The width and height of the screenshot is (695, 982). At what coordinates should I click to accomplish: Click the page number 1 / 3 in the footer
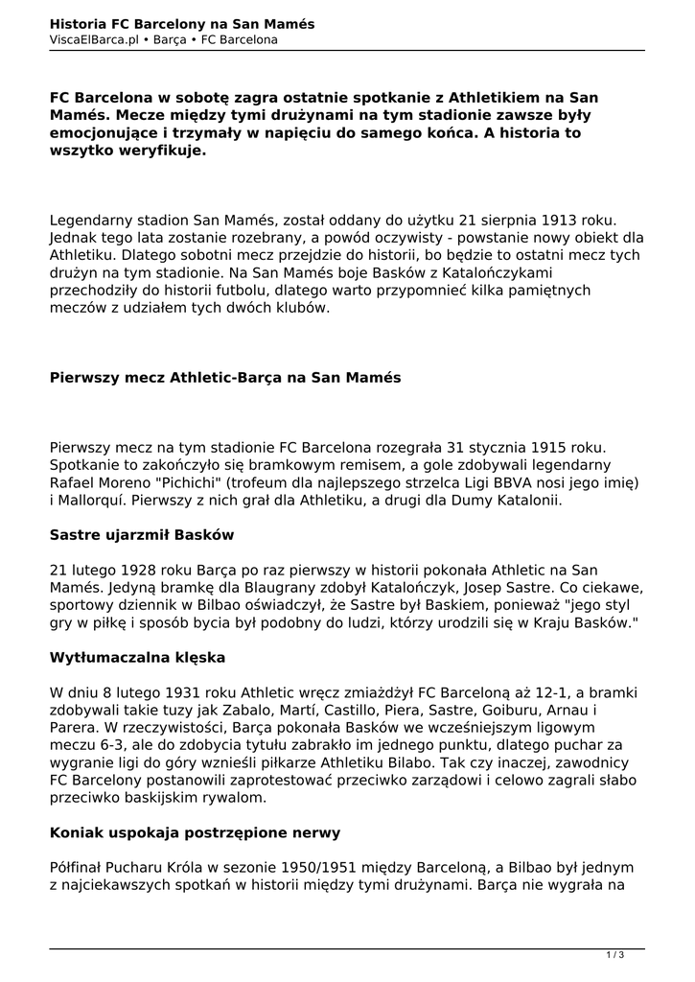click(x=615, y=954)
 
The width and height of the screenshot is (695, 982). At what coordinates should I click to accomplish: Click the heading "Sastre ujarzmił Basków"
click(x=142, y=534)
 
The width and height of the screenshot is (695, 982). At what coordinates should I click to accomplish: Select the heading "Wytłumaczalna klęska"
click(x=136, y=657)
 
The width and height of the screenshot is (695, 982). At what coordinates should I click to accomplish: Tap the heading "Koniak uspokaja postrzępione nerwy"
click(x=195, y=831)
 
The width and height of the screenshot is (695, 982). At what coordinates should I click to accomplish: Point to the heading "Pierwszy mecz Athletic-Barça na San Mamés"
click(x=225, y=378)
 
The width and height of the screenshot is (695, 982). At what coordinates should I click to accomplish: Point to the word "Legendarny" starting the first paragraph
click(x=94, y=220)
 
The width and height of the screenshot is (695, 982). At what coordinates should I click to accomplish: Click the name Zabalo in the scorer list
click(x=260, y=711)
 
